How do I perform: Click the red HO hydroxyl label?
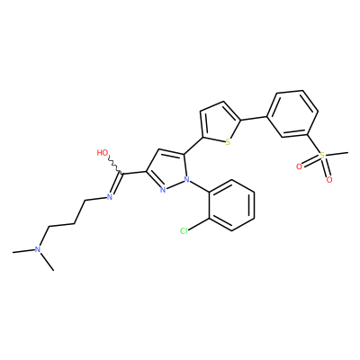pyautogui.click(x=103, y=152)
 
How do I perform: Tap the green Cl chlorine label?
pyautogui.click(x=184, y=230)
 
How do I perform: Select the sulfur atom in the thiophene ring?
pyautogui.click(x=228, y=142)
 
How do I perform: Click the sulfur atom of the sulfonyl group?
pyautogui.click(x=322, y=156)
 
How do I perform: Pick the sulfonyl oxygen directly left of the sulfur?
pyautogui.click(x=299, y=166)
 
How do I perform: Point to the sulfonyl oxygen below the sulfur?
pyautogui.click(x=329, y=180)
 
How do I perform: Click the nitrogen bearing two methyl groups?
pyautogui.click(x=38, y=249)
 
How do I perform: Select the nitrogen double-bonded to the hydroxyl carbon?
pyautogui.click(x=110, y=197)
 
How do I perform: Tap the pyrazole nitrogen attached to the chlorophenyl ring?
pyautogui.click(x=187, y=180)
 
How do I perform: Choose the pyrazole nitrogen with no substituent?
pyautogui.click(x=163, y=190)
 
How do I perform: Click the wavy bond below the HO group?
pyautogui.click(x=114, y=165)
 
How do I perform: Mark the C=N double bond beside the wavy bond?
pyautogui.click(x=116, y=183)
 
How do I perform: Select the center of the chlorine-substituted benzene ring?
pyautogui.click(x=231, y=205)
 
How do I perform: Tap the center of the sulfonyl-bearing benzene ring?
pyautogui.click(x=292, y=113)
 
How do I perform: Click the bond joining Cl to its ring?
pyautogui.click(x=199, y=225)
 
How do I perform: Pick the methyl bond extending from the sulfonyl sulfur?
pyautogui.click(x=337, y=154)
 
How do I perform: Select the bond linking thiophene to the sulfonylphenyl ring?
pyautogui.click(x=254, y=118)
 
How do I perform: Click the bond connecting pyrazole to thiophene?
pyautogui.click(x=193, y=146)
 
